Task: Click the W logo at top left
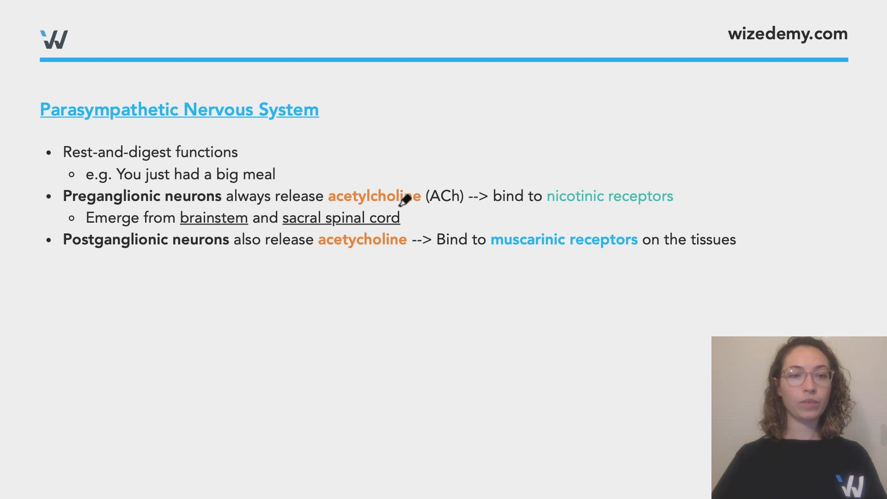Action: click(x=54, y=40)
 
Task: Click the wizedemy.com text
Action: click(x=787, y=34)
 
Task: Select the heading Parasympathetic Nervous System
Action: click(x=179, y=110)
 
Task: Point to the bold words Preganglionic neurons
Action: click(x=142, y=196)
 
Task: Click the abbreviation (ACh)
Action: click(x=444, y=196)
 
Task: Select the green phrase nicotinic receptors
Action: click(x=610, y=196)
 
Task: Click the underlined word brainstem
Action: click(x=214, y=218)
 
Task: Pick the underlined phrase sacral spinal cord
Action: click(x=341, y=218)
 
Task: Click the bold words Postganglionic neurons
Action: click(x=146, y=240)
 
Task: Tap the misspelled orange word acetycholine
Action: click(x=362, y=240)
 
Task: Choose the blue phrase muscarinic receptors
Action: click(x=564, y=240)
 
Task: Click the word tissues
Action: click(x=713, y=240)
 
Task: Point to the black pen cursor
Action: click(x=405, y=201)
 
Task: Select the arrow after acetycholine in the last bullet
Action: click(x=421, y=240)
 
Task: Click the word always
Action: click(x=248, y=196)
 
